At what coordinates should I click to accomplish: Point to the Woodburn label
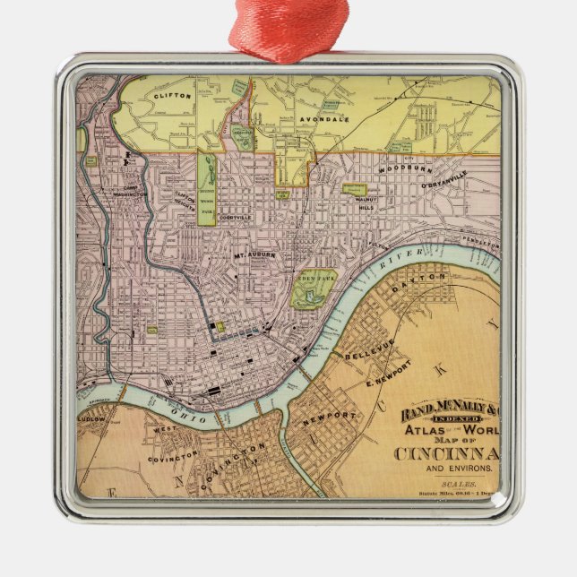pos(399,168)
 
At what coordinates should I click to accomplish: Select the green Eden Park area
pos(314,287)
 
